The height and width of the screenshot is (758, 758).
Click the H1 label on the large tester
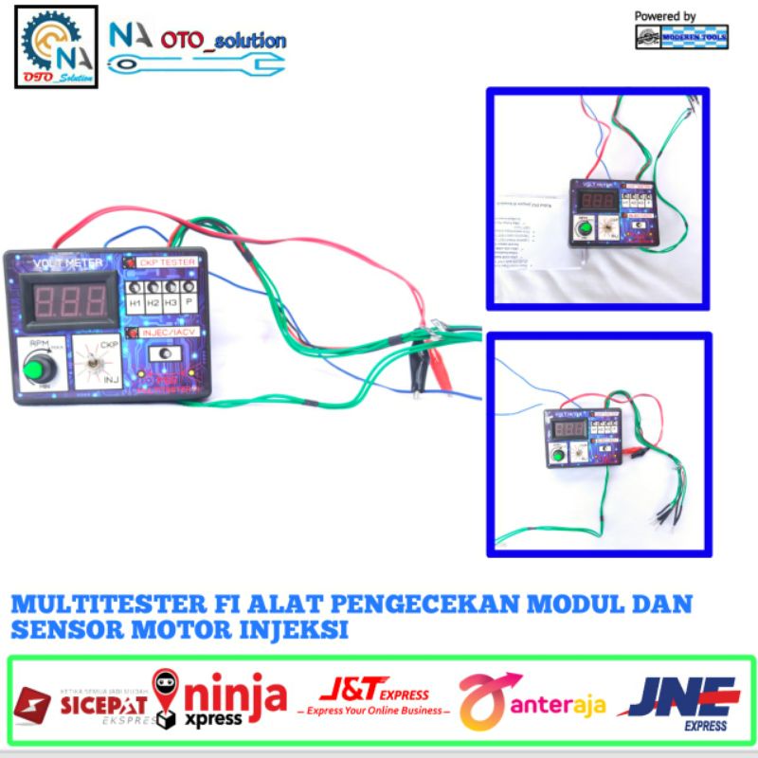click(x=135, y=303)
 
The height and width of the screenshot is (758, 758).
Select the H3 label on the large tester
click(x=171, y=303)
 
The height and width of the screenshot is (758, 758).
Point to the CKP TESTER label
click(x=166, y=262)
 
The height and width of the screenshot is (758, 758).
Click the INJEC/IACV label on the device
click(x=169, y=333)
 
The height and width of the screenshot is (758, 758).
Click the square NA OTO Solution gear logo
click(x=56, y=46)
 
